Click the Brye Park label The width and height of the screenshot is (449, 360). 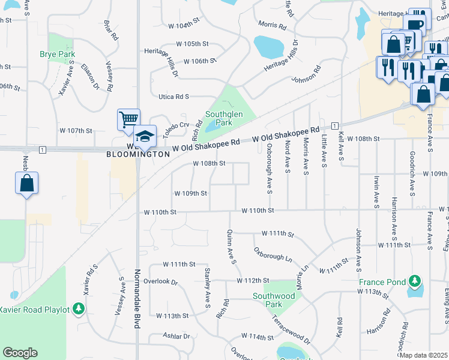(x=58, y=54)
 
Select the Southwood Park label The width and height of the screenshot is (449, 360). (x=274, y=300)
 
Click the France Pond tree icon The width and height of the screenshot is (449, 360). (x=414, y=281)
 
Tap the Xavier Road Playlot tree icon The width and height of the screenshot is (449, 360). (x=78, y=309)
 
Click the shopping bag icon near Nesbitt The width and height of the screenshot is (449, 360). (x=27, y=183)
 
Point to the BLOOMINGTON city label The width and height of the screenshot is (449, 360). (x=138, y=154)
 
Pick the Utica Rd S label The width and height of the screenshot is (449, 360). (x=174, y=97)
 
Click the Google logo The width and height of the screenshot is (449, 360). (x=20, y=353)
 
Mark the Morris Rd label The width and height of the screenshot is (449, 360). (x=272, y=26)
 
